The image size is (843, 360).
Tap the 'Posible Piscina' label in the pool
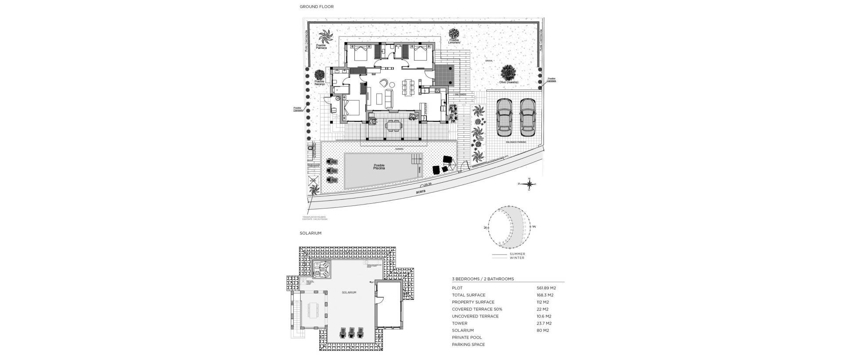[x=378, y=167]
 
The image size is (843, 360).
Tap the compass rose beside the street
[x=530, y=184]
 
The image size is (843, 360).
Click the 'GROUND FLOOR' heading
[x=317, y=7]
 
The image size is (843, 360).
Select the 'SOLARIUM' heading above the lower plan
[x=310, y=233]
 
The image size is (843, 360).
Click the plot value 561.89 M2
[x=546, y=288]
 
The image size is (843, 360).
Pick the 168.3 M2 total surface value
[x=545, y=295]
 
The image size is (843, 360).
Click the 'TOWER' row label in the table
[x=460, y=323]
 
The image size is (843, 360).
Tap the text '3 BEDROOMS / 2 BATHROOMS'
[x=483, y=279]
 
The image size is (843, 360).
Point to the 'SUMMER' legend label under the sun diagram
[x=517, y=254]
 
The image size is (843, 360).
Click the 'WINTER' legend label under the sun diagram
[x=517, y=258]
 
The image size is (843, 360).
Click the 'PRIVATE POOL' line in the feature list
[x=467, y=337]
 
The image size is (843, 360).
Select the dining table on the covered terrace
[x=393, y=126]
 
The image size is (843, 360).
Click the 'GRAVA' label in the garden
[x=489, y=61]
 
